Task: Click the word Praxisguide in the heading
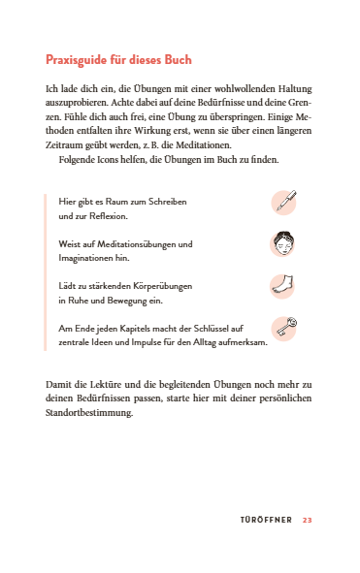coord(79,60)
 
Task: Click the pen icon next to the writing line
coord(283,204)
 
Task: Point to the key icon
coord(283,330)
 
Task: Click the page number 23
coord(307,521)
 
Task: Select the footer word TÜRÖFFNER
coord(266,521)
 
